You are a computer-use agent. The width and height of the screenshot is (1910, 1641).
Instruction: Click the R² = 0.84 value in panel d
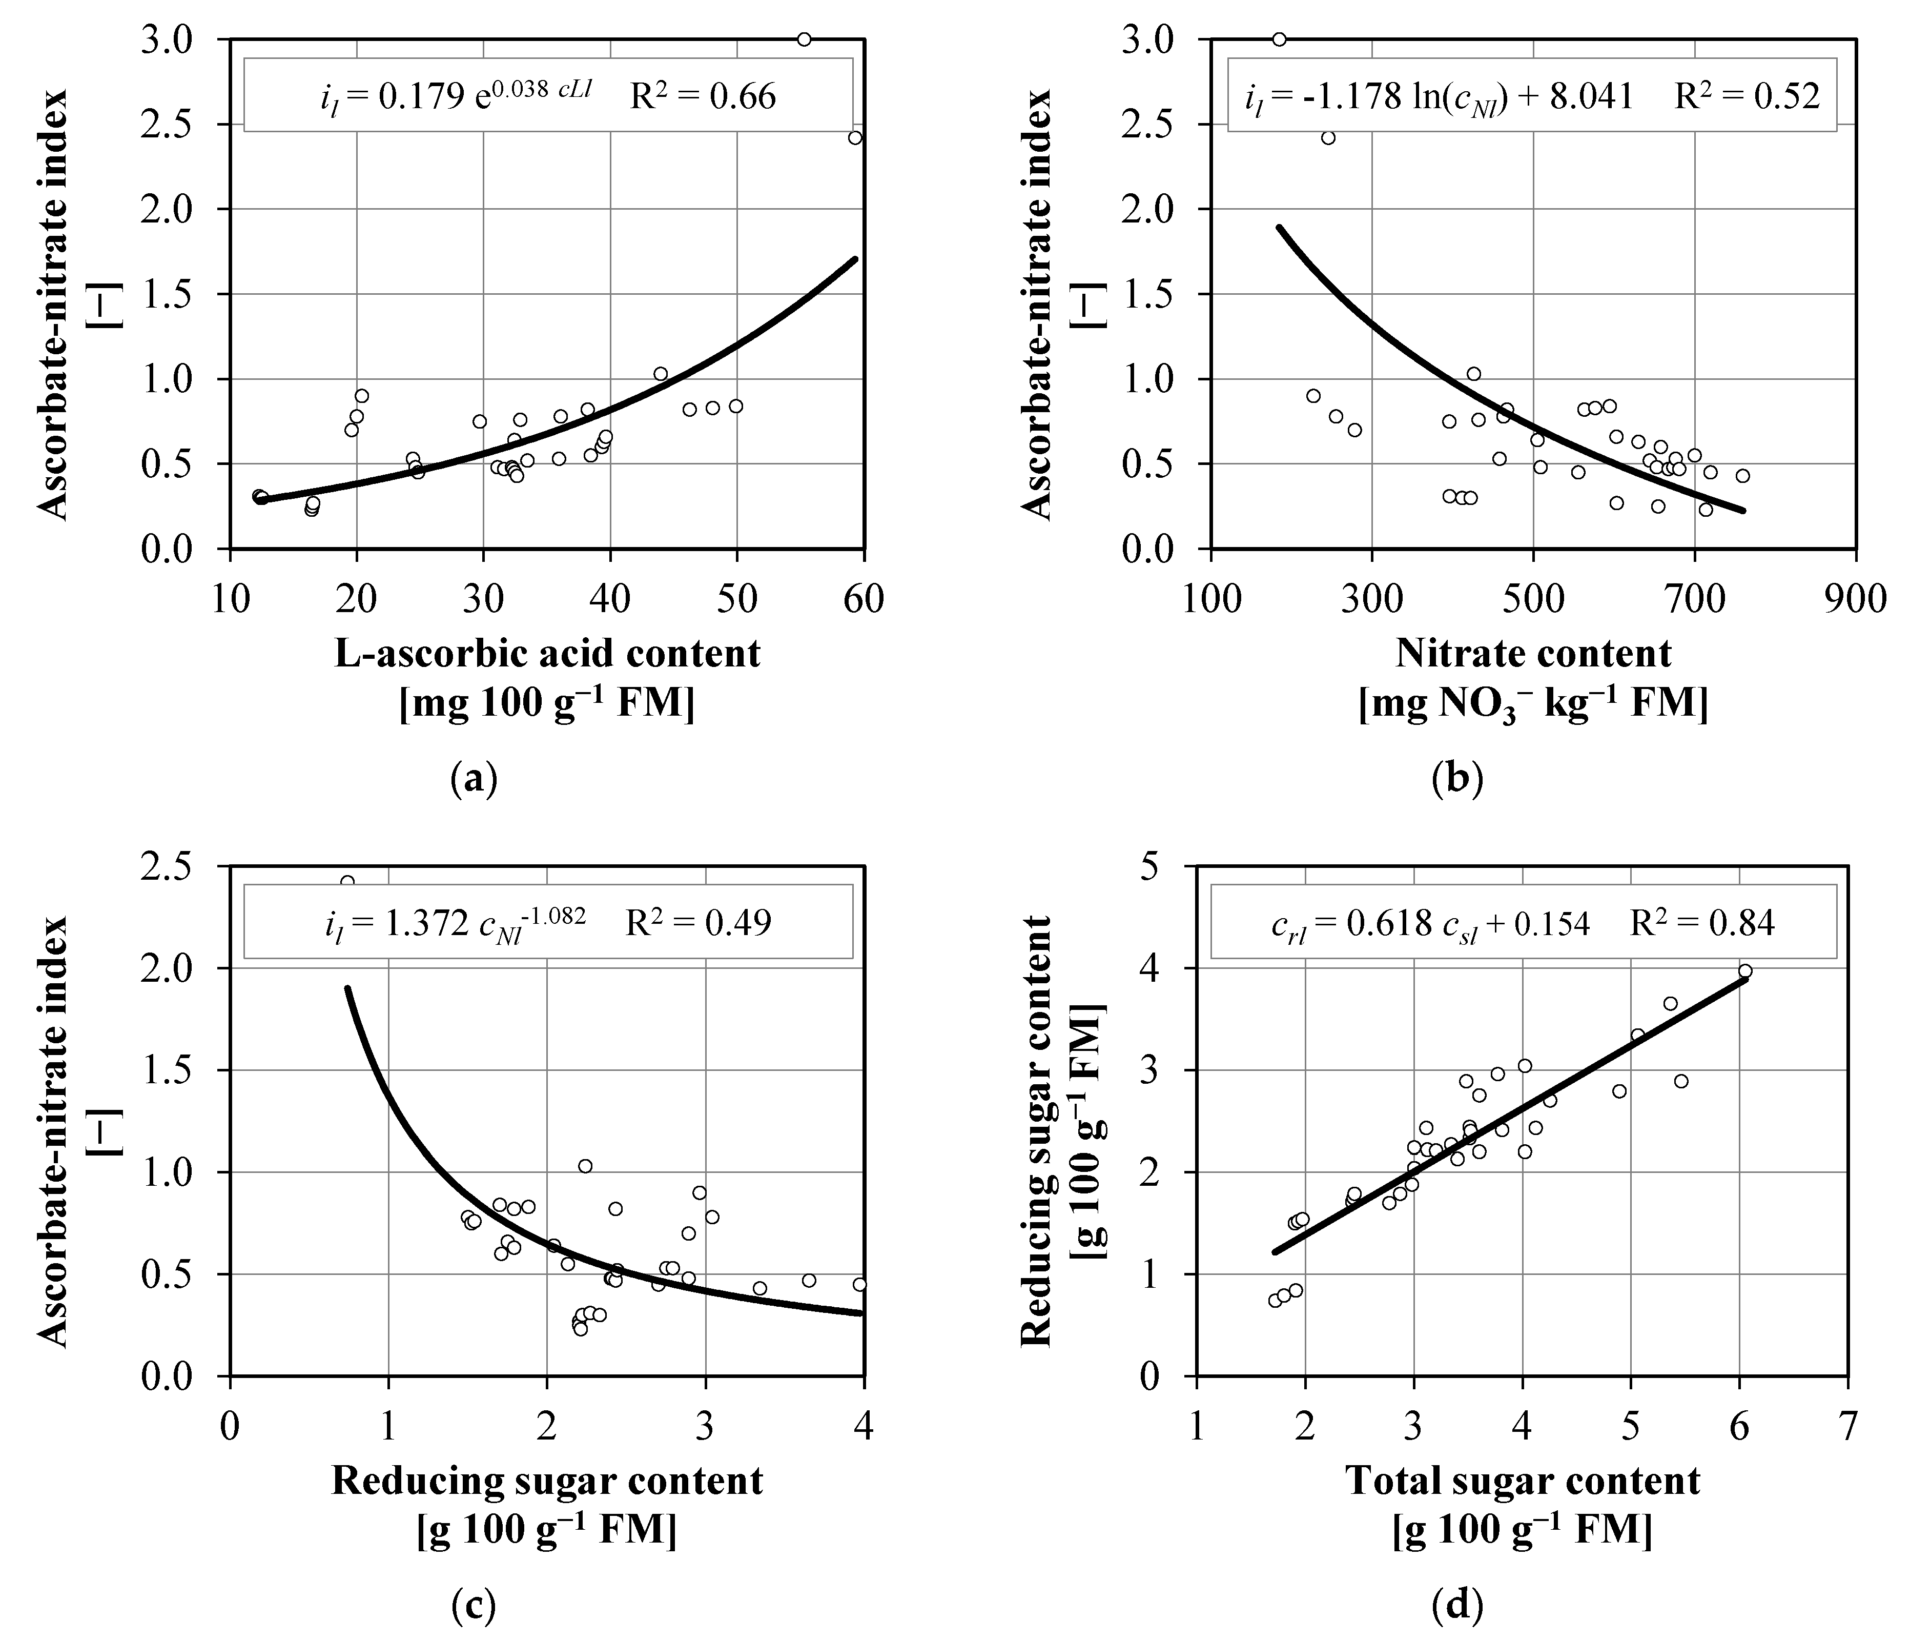(x=1701, y=923)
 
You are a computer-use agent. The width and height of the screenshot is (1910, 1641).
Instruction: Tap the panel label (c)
(x=474, y=1607)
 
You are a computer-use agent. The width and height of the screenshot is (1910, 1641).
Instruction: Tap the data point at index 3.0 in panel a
(x=804, y=39)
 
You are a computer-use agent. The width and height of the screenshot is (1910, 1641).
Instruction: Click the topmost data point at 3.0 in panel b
(x=1280, y=39)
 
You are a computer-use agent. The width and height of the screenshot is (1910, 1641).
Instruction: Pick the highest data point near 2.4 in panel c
(x=347, y=882)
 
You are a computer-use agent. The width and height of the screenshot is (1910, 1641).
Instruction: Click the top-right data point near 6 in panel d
(x=1745, y=971)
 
